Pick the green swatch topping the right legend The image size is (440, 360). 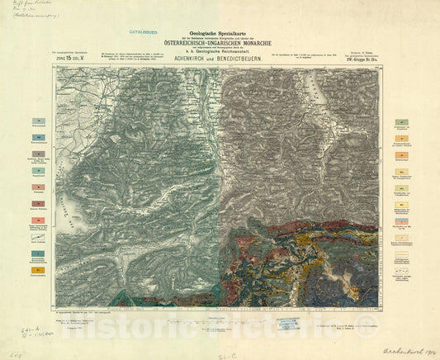[402, 121]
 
